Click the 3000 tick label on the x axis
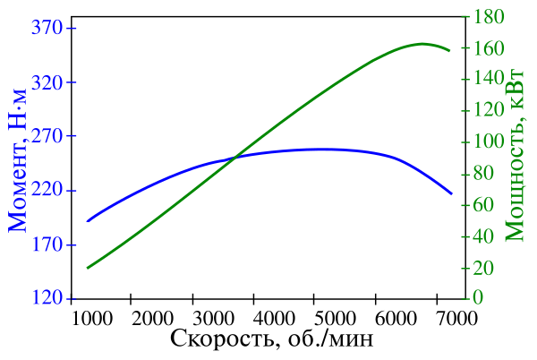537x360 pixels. click(210, 318)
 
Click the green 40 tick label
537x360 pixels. click(486, 236)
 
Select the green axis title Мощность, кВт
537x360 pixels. click(516, 154)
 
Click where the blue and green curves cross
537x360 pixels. click(234, 158)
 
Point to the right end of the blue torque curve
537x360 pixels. click(451, 193)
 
